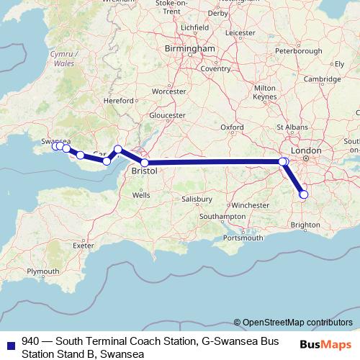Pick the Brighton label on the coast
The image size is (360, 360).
coord(305,225)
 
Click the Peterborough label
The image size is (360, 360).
coord(298,51)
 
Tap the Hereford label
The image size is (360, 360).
coord(120,101)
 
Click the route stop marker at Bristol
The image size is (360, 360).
coord(145,163)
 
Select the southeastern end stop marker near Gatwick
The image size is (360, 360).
coord(303,194)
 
